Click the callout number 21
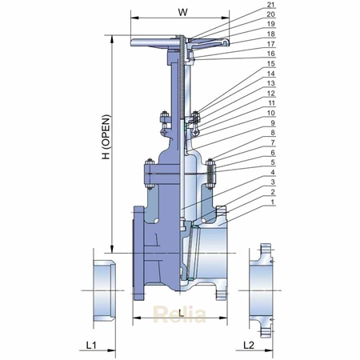click(270, 5)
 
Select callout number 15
click(270, 64)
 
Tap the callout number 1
click(273, 202)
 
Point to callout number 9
click(273, 123)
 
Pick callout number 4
click(273, 172)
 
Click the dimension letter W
click(182, 12)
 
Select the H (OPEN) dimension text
click(106, 137)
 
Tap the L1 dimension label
click(91, 346)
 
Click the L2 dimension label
click(249, 346)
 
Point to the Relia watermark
click(180, 314)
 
